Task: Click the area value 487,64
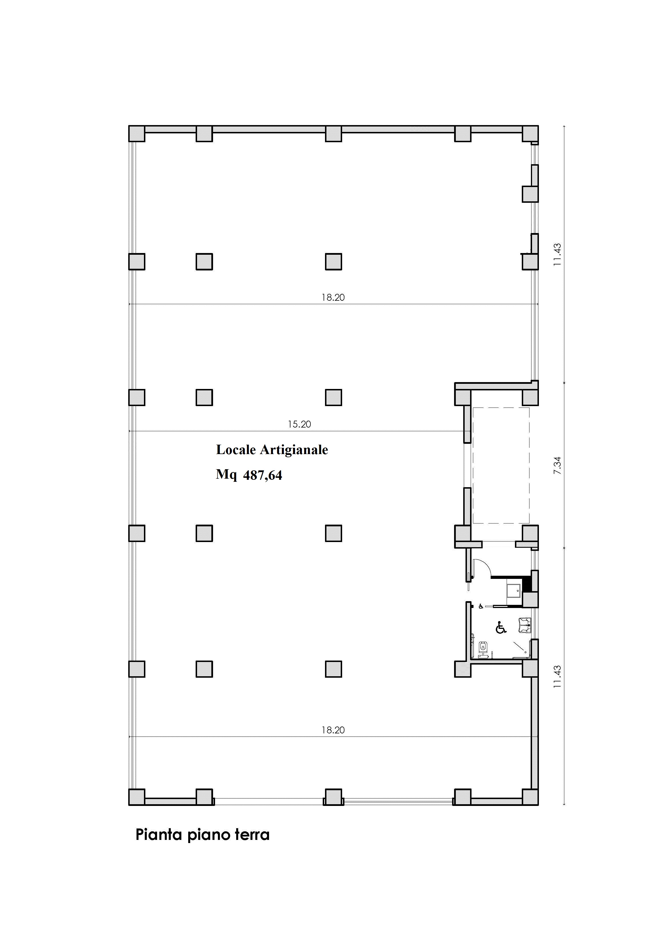(x=262, y=476)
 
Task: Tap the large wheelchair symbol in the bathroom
(x=500, y=627)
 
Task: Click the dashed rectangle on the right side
(x=501, y=466)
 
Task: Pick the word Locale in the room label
(x=236, y=450)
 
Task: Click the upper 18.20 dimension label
(x=333, y=298)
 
